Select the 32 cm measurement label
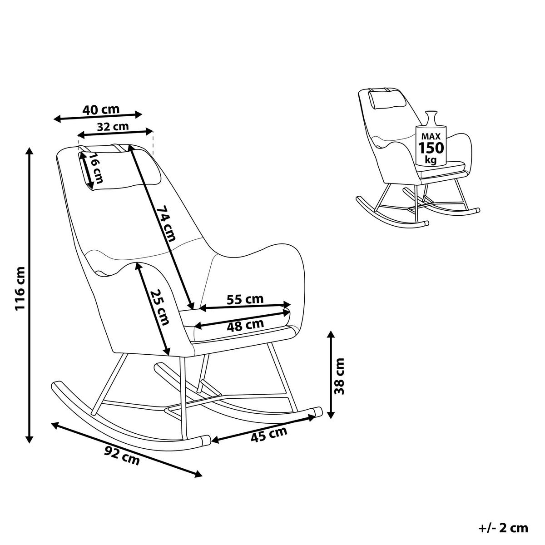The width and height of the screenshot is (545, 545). click(x=113, y=127)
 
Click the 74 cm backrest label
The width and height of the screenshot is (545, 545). click(x=166, y=223)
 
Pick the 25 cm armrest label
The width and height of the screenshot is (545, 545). click(x=159, y=307)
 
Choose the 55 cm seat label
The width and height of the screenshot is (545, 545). click(x=245, y=299)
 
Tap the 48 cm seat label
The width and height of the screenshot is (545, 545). click(x=245, y=326)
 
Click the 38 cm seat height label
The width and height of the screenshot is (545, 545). click(x=339, y=376)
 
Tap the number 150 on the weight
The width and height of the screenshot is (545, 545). click(x=431, y=148)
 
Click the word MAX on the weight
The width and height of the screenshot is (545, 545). click(x=431, y=136)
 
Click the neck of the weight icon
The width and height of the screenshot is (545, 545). click(x=431, y=119)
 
